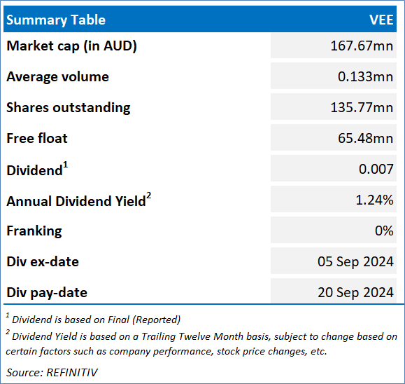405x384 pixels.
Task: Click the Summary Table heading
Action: click(56, 20)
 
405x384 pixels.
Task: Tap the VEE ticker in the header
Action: click(381, 20)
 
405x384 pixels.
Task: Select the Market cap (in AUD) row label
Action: click(71, 46)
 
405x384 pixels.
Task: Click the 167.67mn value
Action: click(362, 46)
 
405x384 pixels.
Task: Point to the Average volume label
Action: click(57, 76)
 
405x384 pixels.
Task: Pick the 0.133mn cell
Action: click(366, 76)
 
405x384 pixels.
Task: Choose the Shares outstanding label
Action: click(69, 108)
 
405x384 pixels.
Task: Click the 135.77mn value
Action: click(362, 107)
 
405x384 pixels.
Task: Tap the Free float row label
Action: click(37, 138)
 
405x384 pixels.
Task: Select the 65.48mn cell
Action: click(366, 138)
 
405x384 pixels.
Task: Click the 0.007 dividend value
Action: click(376, 169)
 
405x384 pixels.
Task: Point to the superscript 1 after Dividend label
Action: click(66, 165)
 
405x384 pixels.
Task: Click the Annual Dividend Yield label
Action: click(76, 201)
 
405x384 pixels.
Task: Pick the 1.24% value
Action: click(374, 200)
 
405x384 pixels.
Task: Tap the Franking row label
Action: click(34, 231)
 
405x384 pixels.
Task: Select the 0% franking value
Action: click(384, 231)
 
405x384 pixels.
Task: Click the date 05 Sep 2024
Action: click(355, 261)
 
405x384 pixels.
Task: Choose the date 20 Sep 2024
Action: click(355, 292)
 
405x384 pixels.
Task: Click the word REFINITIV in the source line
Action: click(72, 373)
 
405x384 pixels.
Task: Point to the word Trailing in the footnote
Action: click(159, 336)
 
